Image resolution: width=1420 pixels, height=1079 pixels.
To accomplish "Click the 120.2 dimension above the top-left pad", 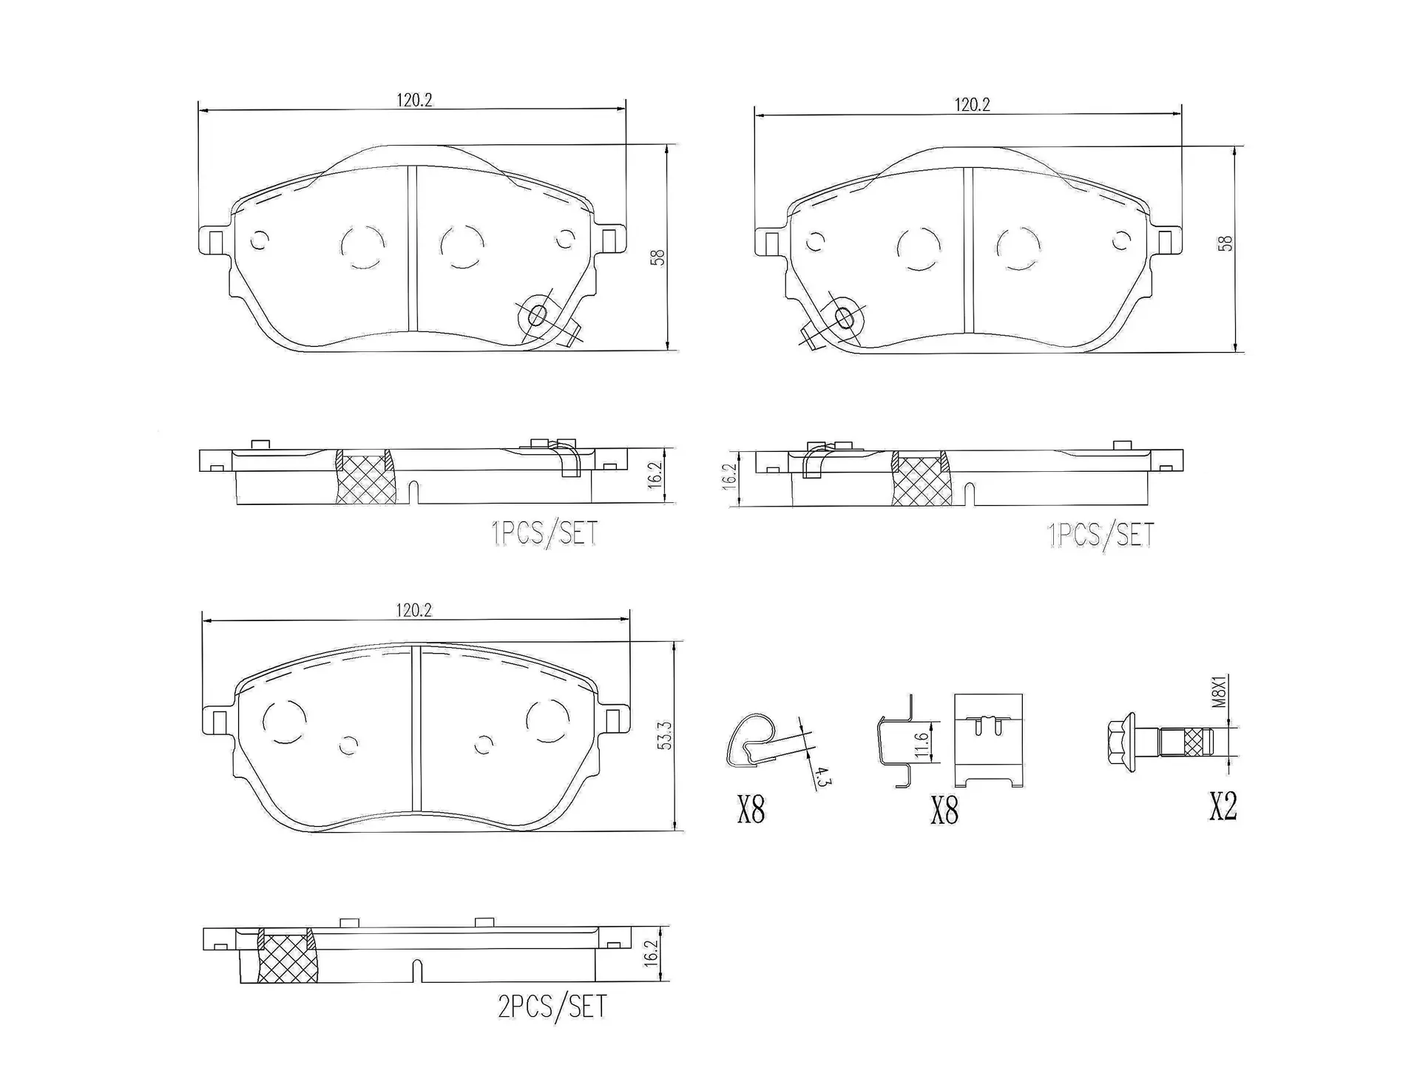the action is (x=414, y=101).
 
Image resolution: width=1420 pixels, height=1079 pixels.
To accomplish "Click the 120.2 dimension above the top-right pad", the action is (x=972, y=105).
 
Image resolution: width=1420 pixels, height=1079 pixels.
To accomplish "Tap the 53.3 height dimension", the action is (x=664, y=736).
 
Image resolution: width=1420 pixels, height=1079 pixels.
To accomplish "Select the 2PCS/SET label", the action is (x=552, y=1007).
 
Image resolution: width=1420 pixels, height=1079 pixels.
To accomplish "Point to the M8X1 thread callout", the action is (x=1220, y=691).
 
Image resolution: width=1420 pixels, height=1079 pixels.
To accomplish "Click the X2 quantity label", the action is (x=1223, y=806).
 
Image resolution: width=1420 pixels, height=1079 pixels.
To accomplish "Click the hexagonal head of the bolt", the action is (x=1121, y=742).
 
